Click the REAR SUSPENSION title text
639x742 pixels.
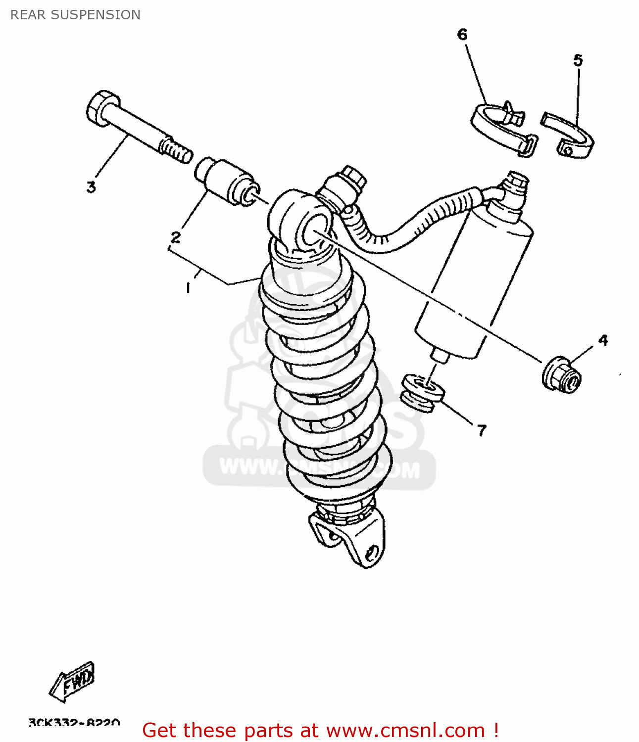75,15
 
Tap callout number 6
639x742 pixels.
462,34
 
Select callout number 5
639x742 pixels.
578,60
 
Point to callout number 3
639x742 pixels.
91,187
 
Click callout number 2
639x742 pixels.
176,237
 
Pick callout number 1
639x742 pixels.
188,287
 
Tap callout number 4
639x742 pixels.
602,340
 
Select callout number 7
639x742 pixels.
482,430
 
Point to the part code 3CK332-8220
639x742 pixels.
74,723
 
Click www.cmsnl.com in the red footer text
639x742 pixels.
405,731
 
